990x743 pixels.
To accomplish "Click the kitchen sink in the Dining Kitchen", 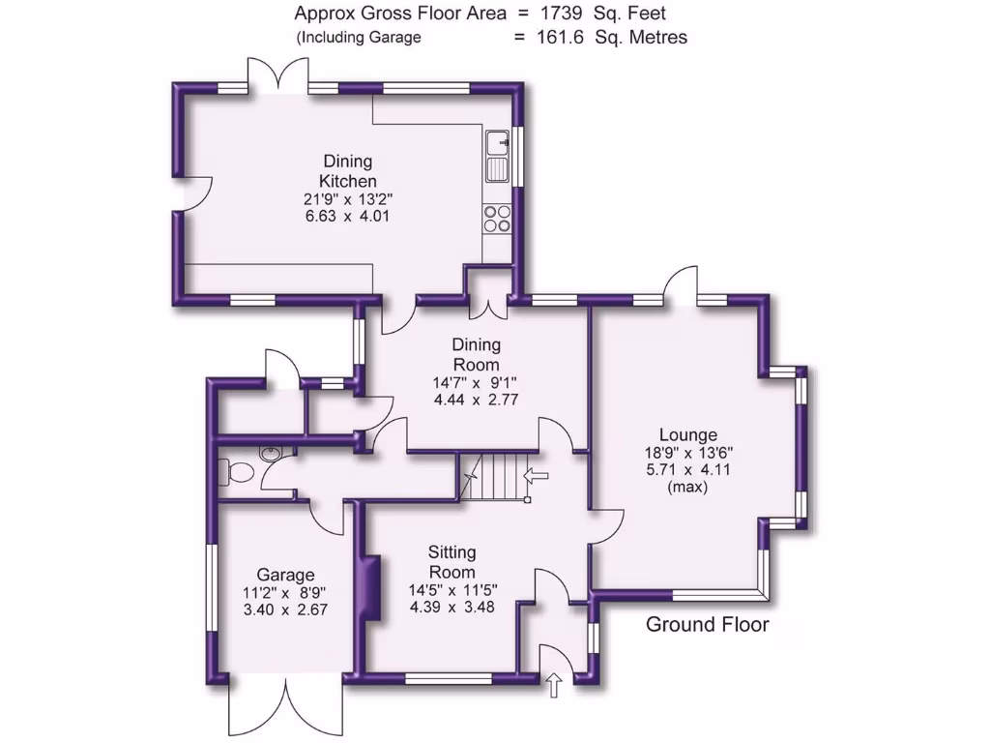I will pos(498,156).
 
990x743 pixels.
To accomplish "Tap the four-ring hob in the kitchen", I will pos(497,220).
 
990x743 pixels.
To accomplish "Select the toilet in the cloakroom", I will pos(236,472).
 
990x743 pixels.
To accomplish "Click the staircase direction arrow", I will pos(535,475).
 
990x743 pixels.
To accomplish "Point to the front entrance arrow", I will pos(554,686).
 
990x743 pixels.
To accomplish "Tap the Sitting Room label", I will pos(452,562).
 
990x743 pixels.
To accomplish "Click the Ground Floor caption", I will pos(707,624).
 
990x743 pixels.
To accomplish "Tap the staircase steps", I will pos(499,475).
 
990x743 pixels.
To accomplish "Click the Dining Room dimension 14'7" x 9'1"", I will pos(476,382).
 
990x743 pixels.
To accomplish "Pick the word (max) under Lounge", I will pos(687,488).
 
